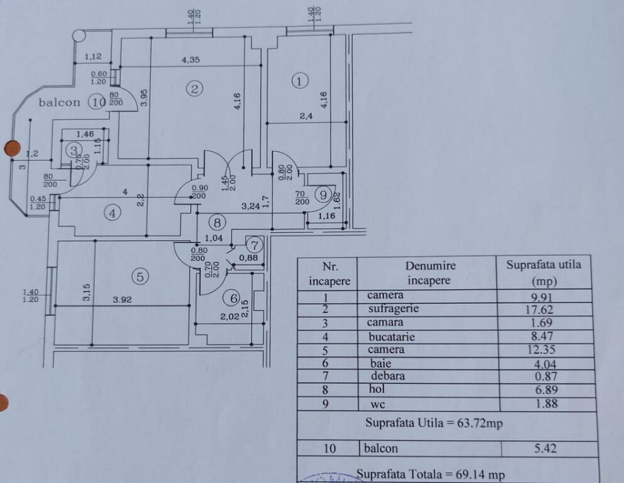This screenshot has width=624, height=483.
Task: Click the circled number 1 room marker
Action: [x=300, y=81]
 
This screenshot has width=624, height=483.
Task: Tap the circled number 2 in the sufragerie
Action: [x=194, y=89]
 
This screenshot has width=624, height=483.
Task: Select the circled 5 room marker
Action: [x=140, y=276]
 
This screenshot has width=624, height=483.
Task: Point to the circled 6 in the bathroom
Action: [x=234, y=298]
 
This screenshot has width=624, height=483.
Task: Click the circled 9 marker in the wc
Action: [x=323, y=195]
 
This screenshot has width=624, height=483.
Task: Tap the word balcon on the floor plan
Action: [x=59, y=103]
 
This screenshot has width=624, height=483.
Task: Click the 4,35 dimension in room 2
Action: [x=190, y=60]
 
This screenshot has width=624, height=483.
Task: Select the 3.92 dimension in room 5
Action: [x=122, y=299]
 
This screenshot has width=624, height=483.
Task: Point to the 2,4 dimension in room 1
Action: [x=306, y=116]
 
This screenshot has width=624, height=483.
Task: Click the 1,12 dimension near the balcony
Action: [x=93, y=57]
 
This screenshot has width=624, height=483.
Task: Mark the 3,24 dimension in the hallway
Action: [x=251, y=206]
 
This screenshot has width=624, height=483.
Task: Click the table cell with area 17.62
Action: [x=540, y=310]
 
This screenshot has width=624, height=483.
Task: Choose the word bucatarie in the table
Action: [x=391, y=337]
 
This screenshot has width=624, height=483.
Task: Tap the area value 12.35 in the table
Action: [x=542, y=350]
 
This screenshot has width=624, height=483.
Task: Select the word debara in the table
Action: [x=387, y=376]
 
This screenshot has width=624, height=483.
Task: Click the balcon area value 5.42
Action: [x=545, y=448]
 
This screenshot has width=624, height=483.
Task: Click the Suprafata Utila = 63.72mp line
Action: [x=434, y=423]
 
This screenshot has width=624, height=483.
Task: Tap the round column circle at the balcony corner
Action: [x=79, y=36]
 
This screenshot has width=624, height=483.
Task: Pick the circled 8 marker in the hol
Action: [x=217, y=223]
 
